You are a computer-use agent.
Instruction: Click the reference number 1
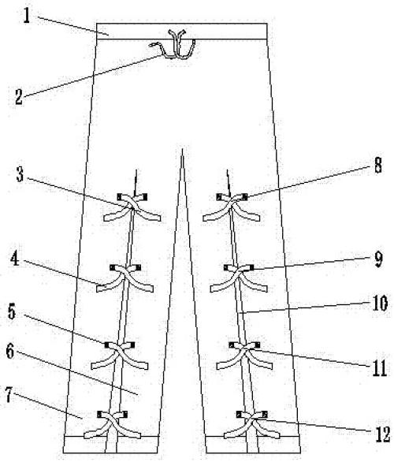coord(27,17)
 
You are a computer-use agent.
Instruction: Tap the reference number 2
coord(19,97)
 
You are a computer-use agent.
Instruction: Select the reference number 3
coord(20,175)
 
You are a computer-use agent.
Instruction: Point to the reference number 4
coord(14,259)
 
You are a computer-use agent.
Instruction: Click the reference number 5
coord(12,311)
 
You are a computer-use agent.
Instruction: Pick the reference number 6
coord(10,351)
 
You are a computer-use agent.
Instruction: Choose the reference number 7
coord(9,395)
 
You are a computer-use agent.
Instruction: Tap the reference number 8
coord(377,165)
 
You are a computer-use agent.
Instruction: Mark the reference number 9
coord(378,259)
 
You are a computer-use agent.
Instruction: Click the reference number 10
coord(380,304)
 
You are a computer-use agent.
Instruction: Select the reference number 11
coord(380,368)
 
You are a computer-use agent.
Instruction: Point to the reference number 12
coord(383,434)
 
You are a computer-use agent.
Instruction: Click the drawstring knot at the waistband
coord(175,56)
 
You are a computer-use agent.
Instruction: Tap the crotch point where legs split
coord(182,149)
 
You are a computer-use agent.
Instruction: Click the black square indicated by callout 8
coord(245,197)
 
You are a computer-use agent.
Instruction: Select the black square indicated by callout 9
coord(251,267)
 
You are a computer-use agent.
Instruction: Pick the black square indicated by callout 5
coord(107,345)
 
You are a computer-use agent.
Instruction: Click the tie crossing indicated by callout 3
coord(132,206)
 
